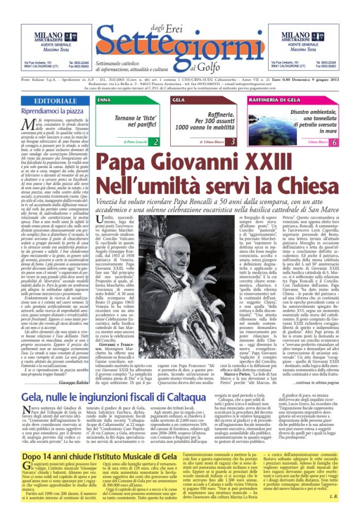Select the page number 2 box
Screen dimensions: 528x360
(156, 141)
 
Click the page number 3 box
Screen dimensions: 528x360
(233, 141)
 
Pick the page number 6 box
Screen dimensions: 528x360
(334, 141)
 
